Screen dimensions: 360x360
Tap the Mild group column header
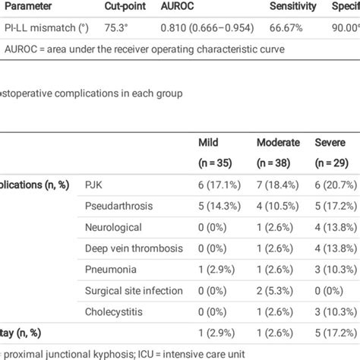click(209, 141)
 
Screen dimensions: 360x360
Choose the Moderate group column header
click(278, 141)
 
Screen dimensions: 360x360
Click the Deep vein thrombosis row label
click(126, 248)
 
